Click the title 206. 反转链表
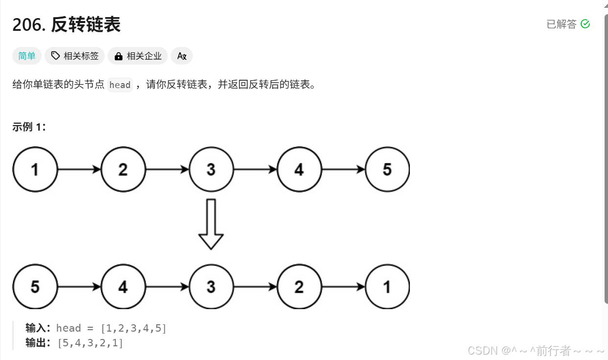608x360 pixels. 67,24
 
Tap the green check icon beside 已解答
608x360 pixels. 585,24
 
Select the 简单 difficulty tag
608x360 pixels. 27,56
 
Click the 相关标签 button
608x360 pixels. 75,56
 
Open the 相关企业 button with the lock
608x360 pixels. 138,56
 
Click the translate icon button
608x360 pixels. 181,56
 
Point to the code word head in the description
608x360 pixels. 120,85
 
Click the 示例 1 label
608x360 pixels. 29,127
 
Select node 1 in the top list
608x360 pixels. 35,170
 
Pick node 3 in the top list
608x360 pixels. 211,170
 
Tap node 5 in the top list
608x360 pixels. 387,170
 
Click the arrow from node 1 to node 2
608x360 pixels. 79,170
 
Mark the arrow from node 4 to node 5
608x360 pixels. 343,170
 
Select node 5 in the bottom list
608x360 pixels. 35,287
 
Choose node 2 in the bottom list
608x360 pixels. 299,287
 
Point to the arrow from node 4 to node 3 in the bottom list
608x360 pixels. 167,287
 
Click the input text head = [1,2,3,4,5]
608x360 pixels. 111,328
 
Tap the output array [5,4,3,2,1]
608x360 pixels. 90,343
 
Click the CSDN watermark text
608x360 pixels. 536,351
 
